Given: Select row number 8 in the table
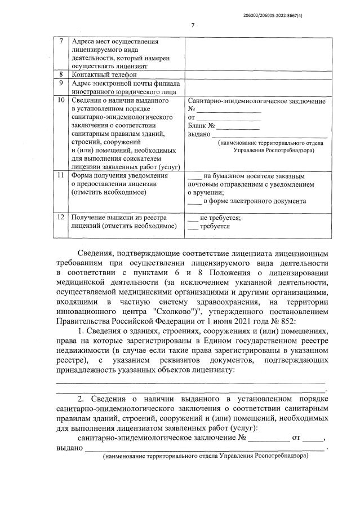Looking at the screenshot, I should click(61, 74).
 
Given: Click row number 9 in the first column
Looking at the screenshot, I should click(61, 83).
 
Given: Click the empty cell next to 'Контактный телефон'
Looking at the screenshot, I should click(257, 74).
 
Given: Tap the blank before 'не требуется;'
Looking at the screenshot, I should click(193, 218).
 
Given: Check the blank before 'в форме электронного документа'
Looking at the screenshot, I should click(194, 201).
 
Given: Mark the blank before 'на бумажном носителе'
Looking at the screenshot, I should click(194, 176).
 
